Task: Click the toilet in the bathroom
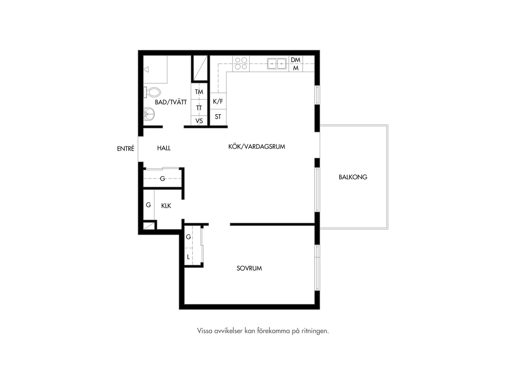coord(152,92)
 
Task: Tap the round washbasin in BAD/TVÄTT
coord(149,114)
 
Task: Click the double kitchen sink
coord(277,64)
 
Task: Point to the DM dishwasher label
coord(295,60)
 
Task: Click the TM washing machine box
coord(199,91)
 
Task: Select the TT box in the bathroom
coord(199,108)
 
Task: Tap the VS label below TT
coord(199,121)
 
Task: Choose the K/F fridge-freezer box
coord(218,101)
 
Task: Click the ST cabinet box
coord(218,117)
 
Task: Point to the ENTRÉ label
coord(126,148)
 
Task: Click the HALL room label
coord(164,148)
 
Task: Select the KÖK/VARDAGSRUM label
coord(257,147)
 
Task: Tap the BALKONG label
coord(353,177)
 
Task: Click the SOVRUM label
coord(249,268)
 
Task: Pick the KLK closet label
coord(166,206)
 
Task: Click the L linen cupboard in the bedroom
coord(189,257)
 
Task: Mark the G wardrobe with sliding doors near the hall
coord(163,178)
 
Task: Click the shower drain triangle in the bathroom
coord(146,69)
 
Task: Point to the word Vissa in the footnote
coord(205,331)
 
